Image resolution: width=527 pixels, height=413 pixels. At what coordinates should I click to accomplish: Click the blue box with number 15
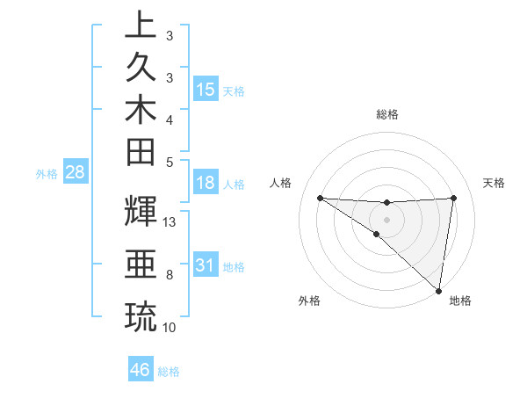coord(206,89)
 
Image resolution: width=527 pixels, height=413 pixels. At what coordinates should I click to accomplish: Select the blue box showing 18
coord(206,184)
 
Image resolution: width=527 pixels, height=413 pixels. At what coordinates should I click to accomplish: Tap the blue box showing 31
coord(206,265)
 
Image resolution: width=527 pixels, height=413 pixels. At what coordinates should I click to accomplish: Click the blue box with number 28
coord(76,172)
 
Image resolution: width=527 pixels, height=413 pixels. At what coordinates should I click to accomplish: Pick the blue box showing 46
coord(140,370)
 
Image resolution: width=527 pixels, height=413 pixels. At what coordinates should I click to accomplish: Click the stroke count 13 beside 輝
coord(170,222)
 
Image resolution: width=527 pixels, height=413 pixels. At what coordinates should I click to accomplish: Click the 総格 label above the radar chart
coord(386,114)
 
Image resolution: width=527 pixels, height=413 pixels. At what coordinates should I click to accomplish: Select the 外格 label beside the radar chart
coord(309,301)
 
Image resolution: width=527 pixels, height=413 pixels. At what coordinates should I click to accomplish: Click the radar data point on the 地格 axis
coord(439,290)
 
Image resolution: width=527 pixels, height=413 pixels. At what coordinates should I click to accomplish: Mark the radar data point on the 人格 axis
coord(320,198)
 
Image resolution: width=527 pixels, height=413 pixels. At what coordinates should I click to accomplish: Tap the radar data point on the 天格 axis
coord(453,198)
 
